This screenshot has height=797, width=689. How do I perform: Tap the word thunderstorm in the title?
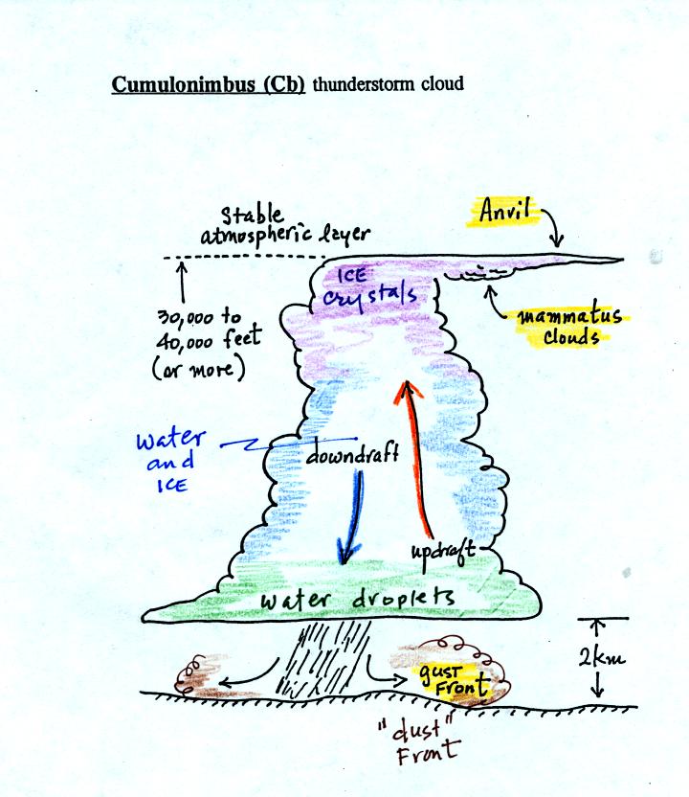(367, 84)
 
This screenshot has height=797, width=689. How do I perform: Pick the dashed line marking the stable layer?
(239, 258)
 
